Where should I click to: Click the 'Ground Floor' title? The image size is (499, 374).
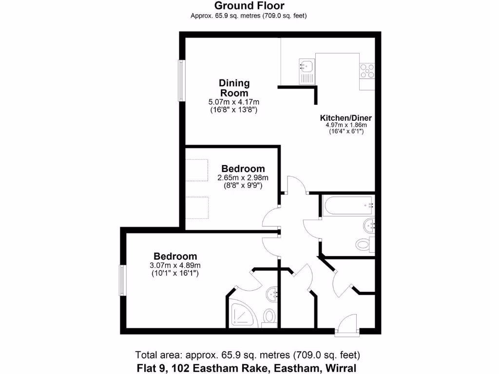(249, 6)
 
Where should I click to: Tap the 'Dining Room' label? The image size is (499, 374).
(234, 88)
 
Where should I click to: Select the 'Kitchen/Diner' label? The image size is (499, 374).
(345, 118)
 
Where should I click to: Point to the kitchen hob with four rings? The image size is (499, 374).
(367, 72)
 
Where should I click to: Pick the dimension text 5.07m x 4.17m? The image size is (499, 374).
(234, 102)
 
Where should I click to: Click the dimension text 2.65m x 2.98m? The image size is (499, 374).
(243, 178)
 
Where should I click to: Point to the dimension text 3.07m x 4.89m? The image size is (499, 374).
(175, 265)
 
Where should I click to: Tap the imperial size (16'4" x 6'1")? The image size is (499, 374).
(345, 131)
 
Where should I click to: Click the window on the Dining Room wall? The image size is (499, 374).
(182, 81)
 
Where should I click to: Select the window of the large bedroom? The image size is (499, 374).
(123, 280)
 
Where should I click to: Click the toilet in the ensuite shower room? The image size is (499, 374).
(269, 317)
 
